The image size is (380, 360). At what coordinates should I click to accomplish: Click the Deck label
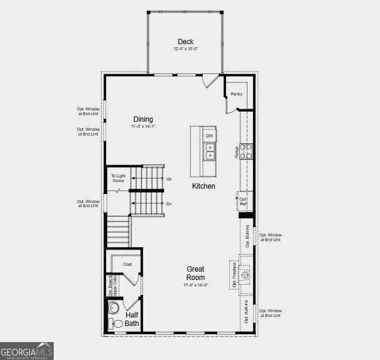pyautogui.click(x=185, y=42)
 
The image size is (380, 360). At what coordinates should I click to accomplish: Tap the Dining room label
pyautogui.click(x=143, y=119)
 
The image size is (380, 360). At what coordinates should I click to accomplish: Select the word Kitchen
pyautogui.click(x=203, y=186)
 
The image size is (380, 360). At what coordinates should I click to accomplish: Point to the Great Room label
pyautogui.click(x=196, y=273)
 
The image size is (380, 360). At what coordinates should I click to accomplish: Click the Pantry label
pyautogui.click(x=236, y=94)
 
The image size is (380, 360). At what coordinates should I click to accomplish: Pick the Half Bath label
pyautogui.click(x=132, y=319)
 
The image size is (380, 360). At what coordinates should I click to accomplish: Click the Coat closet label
pyautogui.click(x=127, y=264)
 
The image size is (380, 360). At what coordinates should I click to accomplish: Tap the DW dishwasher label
pyautogui.click(x=209, y=136)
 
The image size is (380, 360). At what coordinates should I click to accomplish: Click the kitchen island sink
pyautogui.click(x=210, y=153)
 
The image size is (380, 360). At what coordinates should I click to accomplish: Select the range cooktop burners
pyautogui.click(x=246, y=151)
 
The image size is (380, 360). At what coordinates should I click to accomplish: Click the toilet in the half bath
pyautogui.click(x=116, y=324)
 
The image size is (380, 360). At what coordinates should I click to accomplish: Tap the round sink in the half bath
pyautogui.click(x=114, y=309)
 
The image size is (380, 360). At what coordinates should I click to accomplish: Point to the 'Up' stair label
pyautogui.click(x=169, y=179)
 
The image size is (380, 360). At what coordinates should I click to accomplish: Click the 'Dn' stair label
pyautogui.click(x=169, y=204)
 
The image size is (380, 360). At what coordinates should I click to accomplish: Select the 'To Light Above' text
pyautogui.click(x=118, y=178)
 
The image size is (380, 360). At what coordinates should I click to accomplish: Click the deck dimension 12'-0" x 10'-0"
pyautogui.click(x=185, y=48)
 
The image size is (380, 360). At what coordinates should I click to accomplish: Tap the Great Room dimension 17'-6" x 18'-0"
pyautogui.click(x=196, y=285)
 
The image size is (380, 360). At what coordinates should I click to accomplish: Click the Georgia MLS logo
pyautogui.click(x=27, y=350)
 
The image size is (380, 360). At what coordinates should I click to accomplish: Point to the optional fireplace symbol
pyautogui.click(x=243, y=274)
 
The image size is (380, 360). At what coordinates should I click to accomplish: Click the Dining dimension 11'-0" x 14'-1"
pyautogui.click(x=143, y=127)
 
